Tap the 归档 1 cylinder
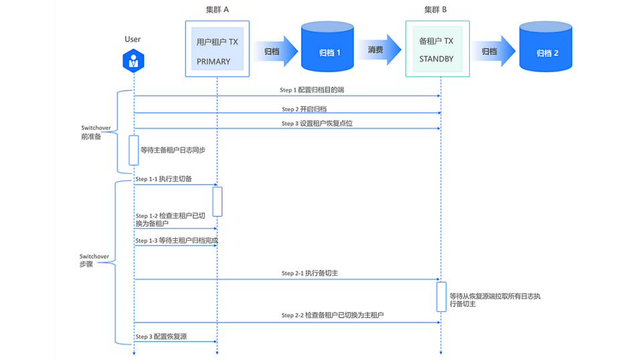coord(327,48)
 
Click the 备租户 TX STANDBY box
coord(437,49)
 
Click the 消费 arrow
coord(378,50)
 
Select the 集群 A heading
coord(217,9)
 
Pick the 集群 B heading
coord(435,9)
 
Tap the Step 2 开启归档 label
coord(304,108)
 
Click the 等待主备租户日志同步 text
coord(173,151)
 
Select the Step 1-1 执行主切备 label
coord(163,179)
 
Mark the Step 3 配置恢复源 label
coord(161,337)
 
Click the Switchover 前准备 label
coord(94,131)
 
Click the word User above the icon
coord(133,39)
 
